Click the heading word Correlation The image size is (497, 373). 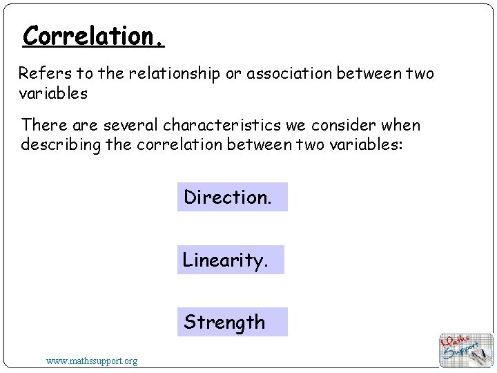[x=93, y=35]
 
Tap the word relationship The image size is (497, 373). [x=175, y=73]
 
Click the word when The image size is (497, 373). [x=399, y=125]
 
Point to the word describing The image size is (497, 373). [x=63, y=144]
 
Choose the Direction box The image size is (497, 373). [x=232, y=197]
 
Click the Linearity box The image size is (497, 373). [x=231, y=260]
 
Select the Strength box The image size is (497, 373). [x=232, y=322]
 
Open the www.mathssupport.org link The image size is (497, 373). [x=92, y=361]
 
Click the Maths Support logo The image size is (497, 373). [x=466, y=350]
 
